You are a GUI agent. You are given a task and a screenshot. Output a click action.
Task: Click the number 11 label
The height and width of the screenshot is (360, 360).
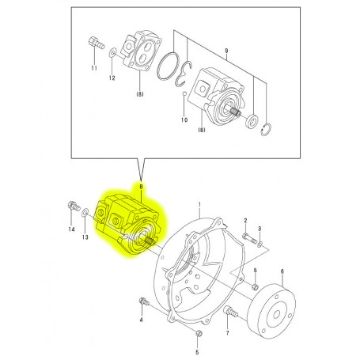click(x=93, y=69)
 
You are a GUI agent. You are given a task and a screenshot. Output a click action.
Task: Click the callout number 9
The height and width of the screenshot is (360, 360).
click(x=225, y=51)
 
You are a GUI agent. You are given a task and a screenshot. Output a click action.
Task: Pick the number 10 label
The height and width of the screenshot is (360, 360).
click(x=184, y=120)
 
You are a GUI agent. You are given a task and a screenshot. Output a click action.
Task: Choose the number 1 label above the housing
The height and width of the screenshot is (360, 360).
click(x=200, y=204)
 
